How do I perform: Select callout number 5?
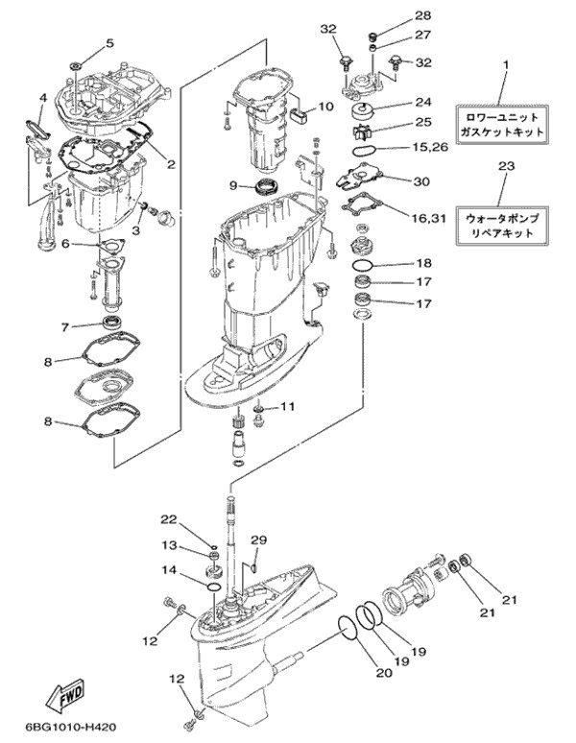[x=109, y=43]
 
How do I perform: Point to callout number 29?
[x=259, y=539]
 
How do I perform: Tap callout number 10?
[x=325, y=106]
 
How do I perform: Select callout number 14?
[x=169, y=569]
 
